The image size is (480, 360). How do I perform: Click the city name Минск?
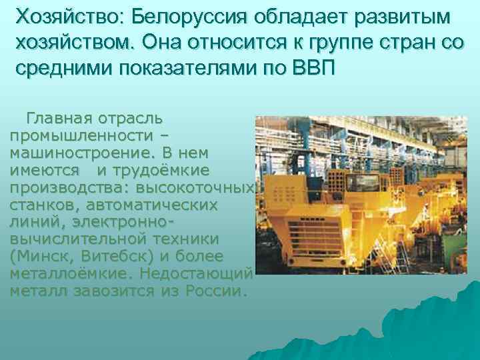41,257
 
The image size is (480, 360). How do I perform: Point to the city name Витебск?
115,257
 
